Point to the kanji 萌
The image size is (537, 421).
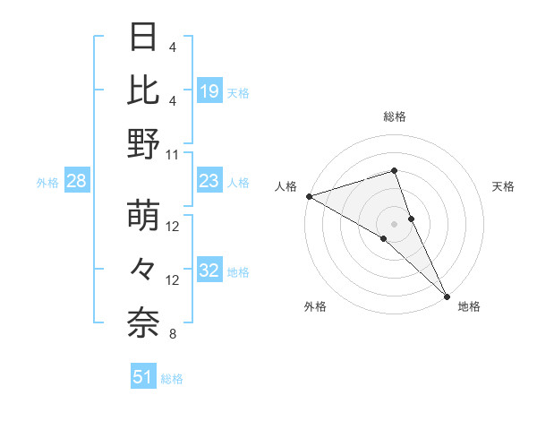click(x=144, y=216)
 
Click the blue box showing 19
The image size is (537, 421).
click(x=209, y=91)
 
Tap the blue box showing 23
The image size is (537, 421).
click(x=209, y=182)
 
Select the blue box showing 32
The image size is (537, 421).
click(x=209, y=271)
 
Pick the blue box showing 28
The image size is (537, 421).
click(x=76, y=182)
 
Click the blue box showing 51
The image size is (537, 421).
click(x=143, y=377)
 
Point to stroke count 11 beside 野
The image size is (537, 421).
click(x=174, y=154)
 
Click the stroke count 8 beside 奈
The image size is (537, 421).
click(x=172, y=335)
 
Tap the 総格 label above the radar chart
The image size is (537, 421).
click(x=395, y=116)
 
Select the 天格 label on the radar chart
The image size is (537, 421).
click(x=503, y=186)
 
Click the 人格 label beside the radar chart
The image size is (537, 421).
click(x=286, y=186)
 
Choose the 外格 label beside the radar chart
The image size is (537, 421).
click(x=315, y=306)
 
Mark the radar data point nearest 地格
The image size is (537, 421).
click(x=447, y=295)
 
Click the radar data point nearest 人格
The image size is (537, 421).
click(x=309, y=195)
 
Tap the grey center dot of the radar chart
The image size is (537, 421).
click(x=395, y=223)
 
